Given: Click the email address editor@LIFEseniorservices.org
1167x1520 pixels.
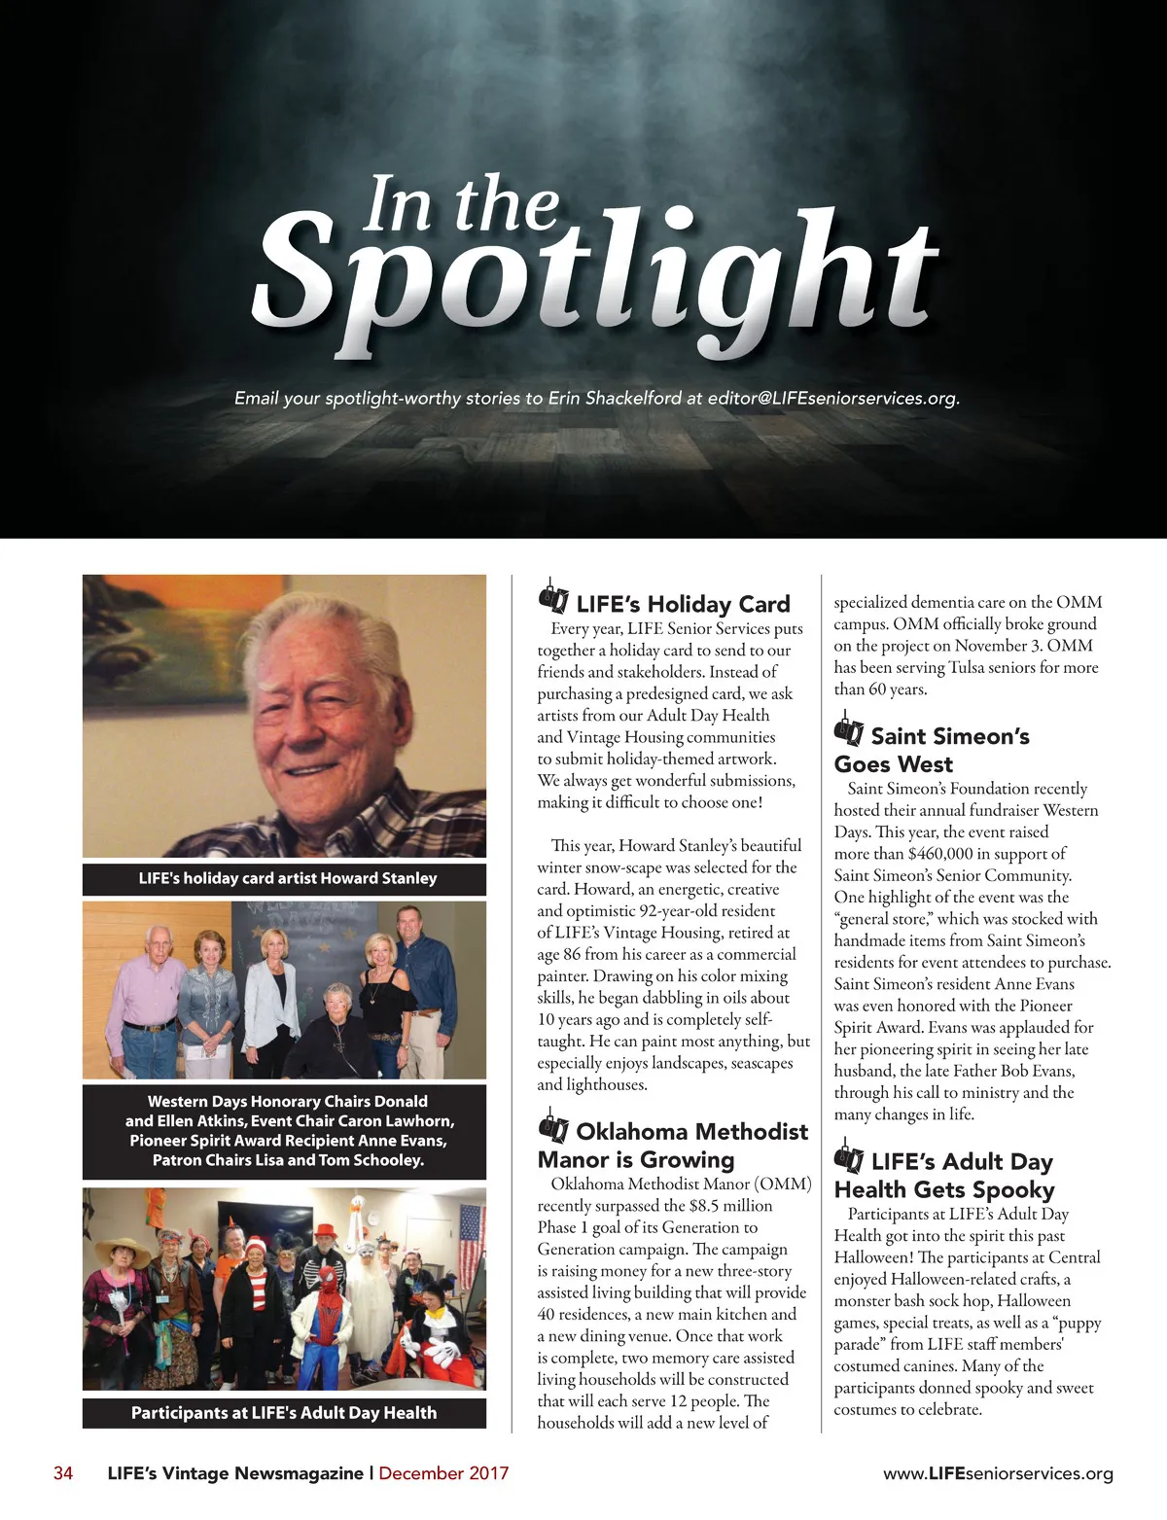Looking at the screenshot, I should pos(832,398).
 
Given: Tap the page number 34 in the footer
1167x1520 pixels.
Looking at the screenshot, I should pos(63,1473).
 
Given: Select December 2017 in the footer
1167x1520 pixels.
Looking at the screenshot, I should pos(443,1473).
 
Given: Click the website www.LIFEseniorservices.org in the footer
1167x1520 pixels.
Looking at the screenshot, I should pos(998,1474).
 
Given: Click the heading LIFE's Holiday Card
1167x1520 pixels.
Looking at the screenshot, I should pos(683,604).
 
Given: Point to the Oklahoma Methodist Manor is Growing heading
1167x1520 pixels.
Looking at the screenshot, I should pos(673,1146).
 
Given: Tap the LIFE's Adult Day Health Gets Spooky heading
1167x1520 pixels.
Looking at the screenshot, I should pos(943,1175).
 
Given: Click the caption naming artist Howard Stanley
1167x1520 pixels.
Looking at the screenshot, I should pos(287,878).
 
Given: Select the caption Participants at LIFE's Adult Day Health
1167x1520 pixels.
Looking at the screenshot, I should pos(284,1413).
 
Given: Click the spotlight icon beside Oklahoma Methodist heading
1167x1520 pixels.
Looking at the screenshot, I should pos(553,1128).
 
